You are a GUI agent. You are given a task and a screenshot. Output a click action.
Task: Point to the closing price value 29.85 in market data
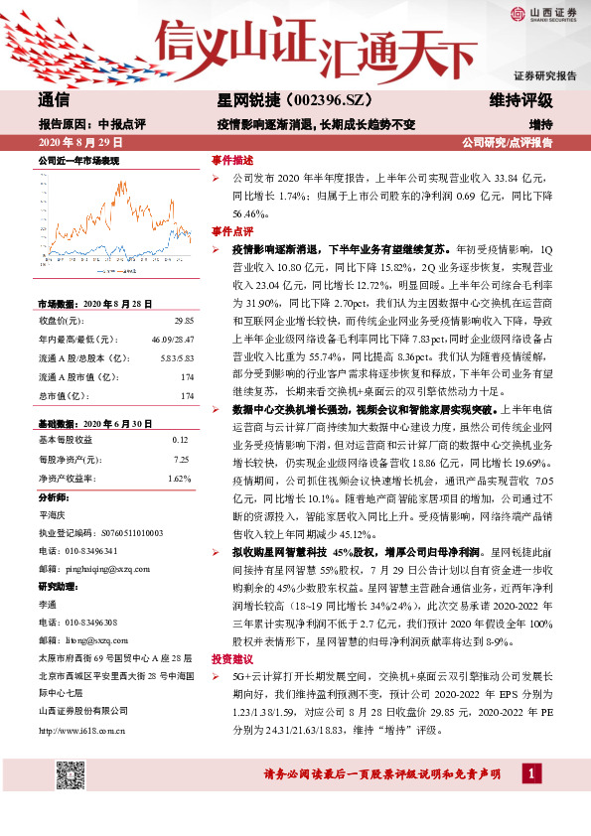(184, 322)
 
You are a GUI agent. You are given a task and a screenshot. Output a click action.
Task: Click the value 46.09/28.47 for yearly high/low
(175, 340)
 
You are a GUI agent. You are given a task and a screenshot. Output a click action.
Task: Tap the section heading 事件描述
(232, 160)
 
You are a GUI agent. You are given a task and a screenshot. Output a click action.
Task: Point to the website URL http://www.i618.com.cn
(81, 732)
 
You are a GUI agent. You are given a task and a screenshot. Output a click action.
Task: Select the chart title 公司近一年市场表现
(78, 160)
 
